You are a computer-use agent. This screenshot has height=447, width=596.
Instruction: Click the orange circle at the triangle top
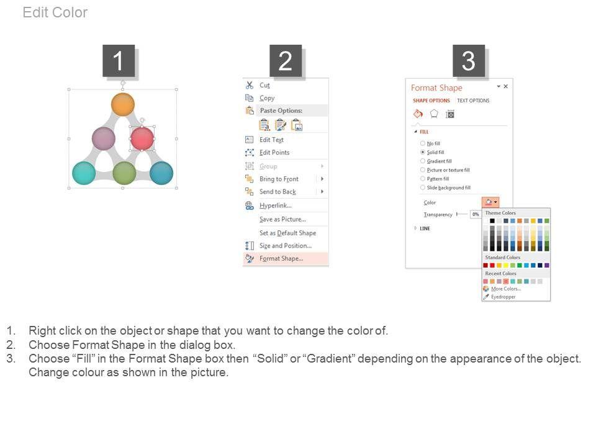click(x=123, y=104)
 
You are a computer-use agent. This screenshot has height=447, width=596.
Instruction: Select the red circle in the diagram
click(x=142, y=138)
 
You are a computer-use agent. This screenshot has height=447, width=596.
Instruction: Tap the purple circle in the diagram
click(x=104, y=138)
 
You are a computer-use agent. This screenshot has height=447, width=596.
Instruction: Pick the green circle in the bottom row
click(x=124, y=173)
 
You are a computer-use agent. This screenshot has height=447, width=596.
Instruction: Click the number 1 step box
click(x=119, y=61)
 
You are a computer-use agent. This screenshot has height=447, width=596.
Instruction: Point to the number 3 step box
click(x=469, y=61)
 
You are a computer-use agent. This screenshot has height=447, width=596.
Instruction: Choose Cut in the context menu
click(x=264, y=85)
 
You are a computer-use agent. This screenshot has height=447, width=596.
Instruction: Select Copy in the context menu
click(x=267, y=98)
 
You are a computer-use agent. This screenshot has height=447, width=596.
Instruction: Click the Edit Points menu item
click(x=274, y=153)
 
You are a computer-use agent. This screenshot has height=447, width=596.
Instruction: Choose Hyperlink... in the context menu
click(x=276, y=205)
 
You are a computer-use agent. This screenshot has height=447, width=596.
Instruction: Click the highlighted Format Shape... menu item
click(x=281, y=258)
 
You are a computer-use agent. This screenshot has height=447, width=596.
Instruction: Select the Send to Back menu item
click(x=278, y=192)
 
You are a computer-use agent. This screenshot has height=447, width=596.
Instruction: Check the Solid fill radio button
click(x=423, y=152)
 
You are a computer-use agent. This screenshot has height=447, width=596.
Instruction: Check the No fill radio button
click(x=423, y=143)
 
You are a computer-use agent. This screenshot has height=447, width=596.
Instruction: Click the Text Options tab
click(x=473, y=101)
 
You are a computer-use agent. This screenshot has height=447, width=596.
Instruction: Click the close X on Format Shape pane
click(x=505, y=86)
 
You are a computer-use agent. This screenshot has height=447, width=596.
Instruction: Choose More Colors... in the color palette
click(x=506, y=289)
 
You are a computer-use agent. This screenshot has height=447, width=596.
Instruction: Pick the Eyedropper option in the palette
click(x=503, y=297)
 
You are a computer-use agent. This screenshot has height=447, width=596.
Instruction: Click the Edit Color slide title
click(x=55, y=12)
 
